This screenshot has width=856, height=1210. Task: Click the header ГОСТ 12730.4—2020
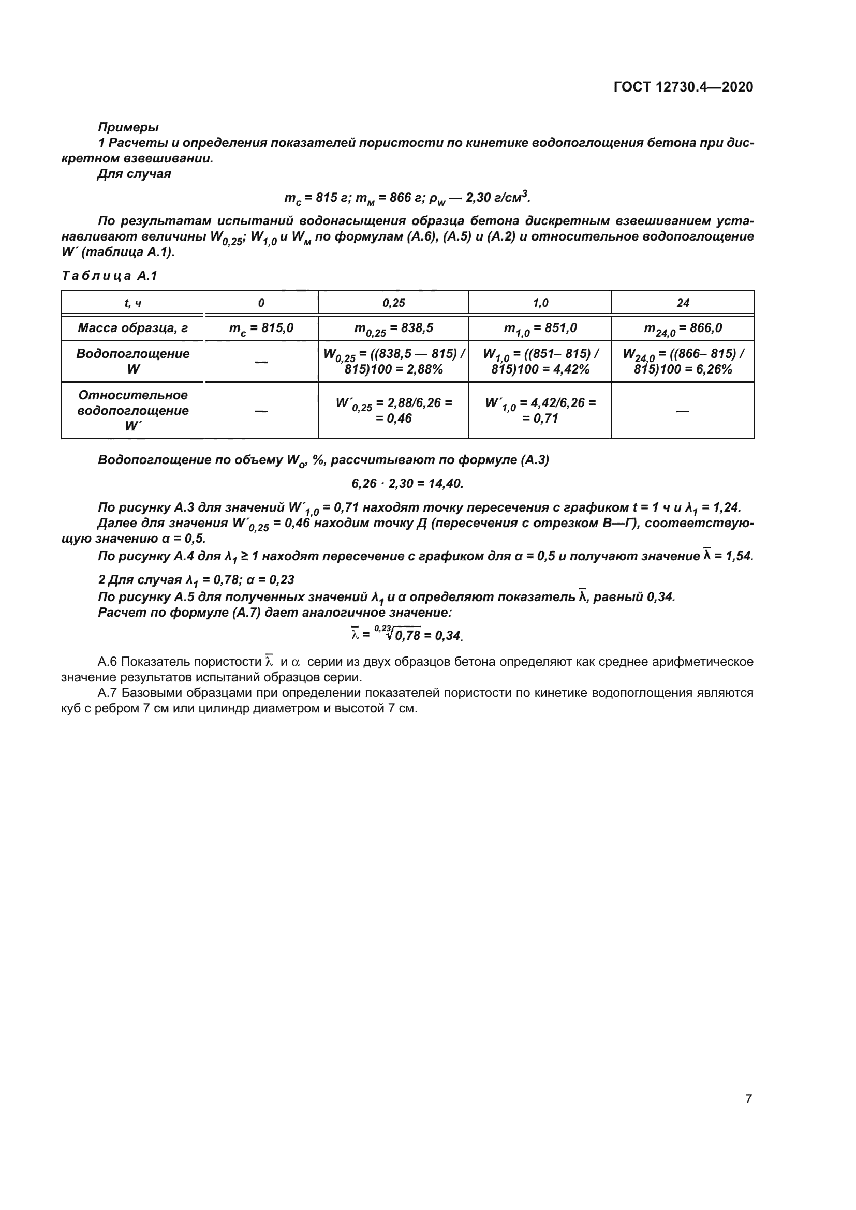pyautogui.click(x=683, y=87)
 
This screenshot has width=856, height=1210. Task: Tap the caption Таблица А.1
pyautogui.click(x=110, y=276)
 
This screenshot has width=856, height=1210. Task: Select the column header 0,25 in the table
pyautogui.click(x=393, y=303)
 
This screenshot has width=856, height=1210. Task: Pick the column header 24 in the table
pyautogui.click(x=683, y=303)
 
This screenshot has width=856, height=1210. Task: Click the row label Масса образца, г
pyautogui.click(x=133, y=328)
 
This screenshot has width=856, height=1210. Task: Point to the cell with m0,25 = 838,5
pyautogui.click(x=393, y=329)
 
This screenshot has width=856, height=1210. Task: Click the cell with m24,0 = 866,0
pyautogui.click(x=683, y=329)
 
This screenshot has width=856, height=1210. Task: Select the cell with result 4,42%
pyautogui.click(x=540, y=362)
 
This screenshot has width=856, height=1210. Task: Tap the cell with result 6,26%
pyautogui.click(x=683, y=362)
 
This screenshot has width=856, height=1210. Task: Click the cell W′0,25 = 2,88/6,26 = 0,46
pyautogui.click(x=393, y=411)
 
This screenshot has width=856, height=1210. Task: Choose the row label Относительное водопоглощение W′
pyautogui.click(x=133, y=411)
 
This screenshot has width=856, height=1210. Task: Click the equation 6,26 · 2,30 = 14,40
pyautogui.click(x=407, y=483)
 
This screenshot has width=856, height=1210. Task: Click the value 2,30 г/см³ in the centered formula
pyautogui.click(x=495, y=198)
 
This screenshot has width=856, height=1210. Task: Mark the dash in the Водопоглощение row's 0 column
pyautogui.click(x=261, y=362)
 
